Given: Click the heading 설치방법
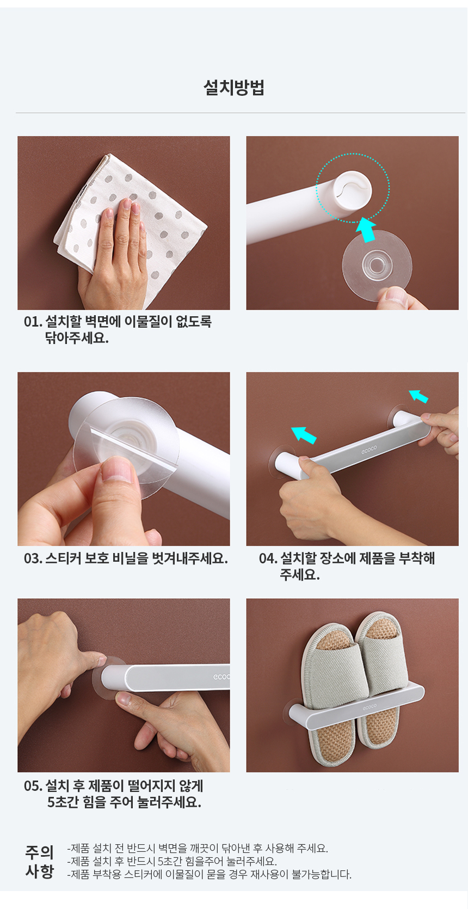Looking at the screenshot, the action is point(233,87).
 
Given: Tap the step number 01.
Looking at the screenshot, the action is point(33,322).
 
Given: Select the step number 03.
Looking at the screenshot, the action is point(33,558).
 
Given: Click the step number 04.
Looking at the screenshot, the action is point(268,558).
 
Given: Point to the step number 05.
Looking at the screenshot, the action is point(33,786).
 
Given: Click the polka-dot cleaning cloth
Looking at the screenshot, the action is point(130,228).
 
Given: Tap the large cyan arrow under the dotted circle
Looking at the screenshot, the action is point(366,229).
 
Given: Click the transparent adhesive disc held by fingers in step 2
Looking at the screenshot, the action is point(377,266).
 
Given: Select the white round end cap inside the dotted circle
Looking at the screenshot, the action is point(352,189).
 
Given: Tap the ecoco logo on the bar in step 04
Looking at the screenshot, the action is point(369,449).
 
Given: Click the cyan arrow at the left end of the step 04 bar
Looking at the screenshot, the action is point(304,434).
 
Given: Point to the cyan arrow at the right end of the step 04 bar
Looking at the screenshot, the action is point(418,396).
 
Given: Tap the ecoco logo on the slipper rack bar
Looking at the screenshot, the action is point(370,707).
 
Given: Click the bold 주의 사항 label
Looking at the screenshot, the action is point(39,861).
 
